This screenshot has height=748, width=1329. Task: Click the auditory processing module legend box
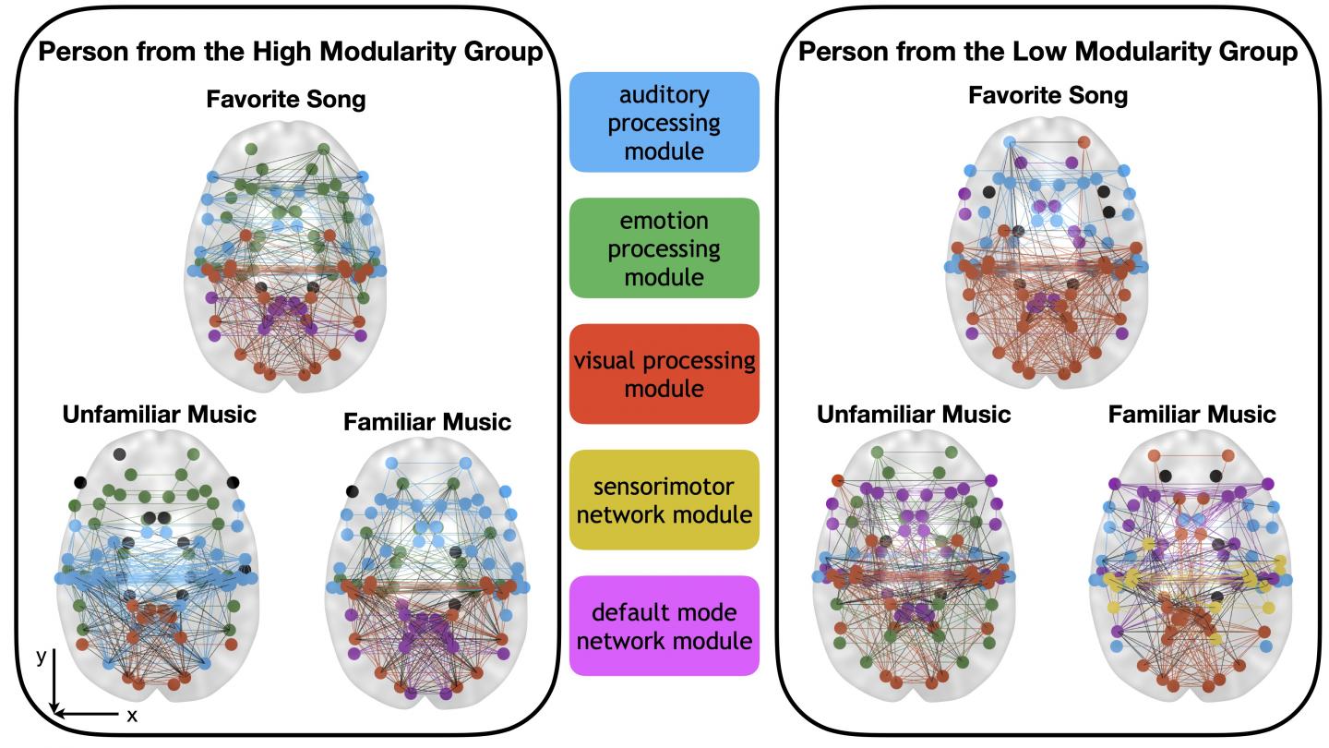coord(664,122)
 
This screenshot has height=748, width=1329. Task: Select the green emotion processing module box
coord(664,247)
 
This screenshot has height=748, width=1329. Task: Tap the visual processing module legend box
coord(664,373)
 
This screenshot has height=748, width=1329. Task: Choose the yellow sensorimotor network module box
coord(664,500)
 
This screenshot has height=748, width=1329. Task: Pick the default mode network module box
coord(664,625)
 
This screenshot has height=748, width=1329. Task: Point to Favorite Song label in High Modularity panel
coord(286,100)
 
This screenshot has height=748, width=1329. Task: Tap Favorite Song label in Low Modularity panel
coord(1048,95)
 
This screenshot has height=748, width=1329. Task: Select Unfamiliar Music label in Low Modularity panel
coord(914,414)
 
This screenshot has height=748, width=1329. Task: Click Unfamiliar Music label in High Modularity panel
coord(160,414)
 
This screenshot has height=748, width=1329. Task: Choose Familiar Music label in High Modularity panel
coord(426,422)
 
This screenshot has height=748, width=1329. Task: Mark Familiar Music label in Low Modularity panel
coord(1191,414)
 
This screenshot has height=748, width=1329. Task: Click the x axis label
coord(132,716)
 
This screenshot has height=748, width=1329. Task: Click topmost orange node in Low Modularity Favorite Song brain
coord(1084,142)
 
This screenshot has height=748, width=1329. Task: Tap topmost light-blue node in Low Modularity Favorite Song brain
coord(1010,142)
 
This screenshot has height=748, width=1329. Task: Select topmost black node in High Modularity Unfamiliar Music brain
coord(119,454)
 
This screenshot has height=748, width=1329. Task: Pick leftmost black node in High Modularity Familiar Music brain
coord(352,490)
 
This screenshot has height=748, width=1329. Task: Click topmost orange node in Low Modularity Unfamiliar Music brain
coord(836,480)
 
